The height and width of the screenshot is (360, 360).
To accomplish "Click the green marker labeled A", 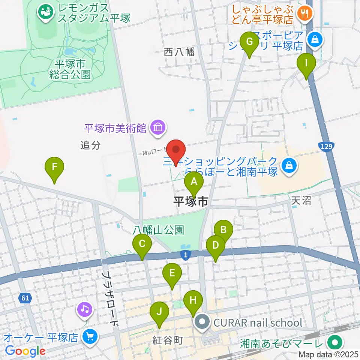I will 194,182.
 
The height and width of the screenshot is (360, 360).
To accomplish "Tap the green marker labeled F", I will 54,166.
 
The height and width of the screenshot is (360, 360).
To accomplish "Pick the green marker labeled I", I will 306,63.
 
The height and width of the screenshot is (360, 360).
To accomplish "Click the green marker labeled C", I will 142,244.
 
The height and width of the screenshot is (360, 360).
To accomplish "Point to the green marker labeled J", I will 159,312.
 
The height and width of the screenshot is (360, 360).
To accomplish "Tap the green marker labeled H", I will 193,300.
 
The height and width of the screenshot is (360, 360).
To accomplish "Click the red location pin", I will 176,149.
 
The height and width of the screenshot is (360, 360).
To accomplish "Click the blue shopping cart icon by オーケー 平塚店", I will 90,336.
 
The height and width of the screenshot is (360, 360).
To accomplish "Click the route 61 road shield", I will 25,298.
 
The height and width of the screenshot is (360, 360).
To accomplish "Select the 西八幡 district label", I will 179,52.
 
